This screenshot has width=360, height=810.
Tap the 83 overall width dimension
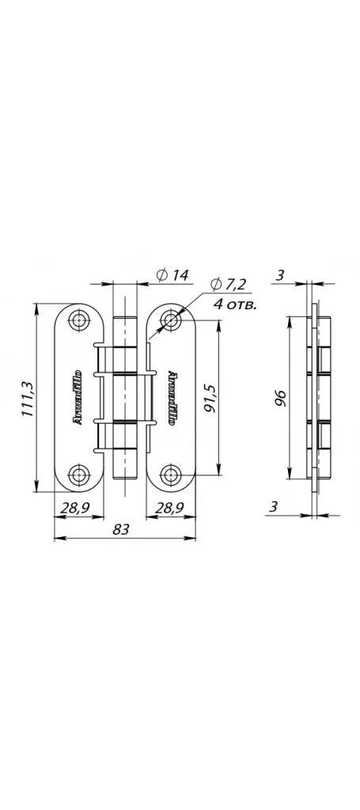coord(120,529)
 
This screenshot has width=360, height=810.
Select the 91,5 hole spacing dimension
coord(209,398)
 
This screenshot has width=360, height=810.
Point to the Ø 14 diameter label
coord(172,275)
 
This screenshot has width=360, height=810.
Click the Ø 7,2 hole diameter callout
coord(229,284)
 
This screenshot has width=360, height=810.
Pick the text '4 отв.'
coord(236,305)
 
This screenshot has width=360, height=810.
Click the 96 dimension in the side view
coord(280,399)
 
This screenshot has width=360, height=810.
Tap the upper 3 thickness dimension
coord(279,274)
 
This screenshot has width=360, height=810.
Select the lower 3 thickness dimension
coord(274,507)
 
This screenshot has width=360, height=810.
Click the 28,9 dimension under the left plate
coord(75,508)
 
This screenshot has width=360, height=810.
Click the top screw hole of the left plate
coord(78,320)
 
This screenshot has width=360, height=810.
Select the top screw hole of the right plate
coord(170,320)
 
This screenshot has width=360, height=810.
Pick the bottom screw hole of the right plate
coord(170,475)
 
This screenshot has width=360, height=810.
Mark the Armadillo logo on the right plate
coord(171,397)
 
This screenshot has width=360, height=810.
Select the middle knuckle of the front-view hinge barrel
coord(125,397)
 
